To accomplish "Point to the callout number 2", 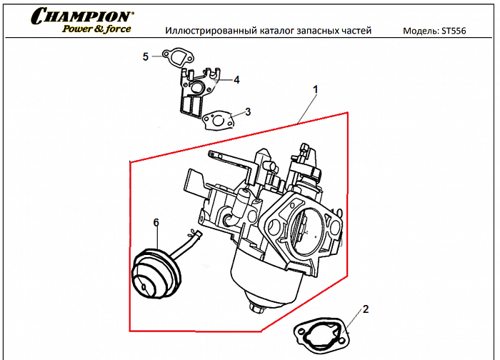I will coord(366,309).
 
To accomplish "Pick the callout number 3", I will coord(247,112).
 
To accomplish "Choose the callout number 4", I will coord(236,80).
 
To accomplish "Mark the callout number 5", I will coord(145,56).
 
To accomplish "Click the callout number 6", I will coord(156,223).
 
